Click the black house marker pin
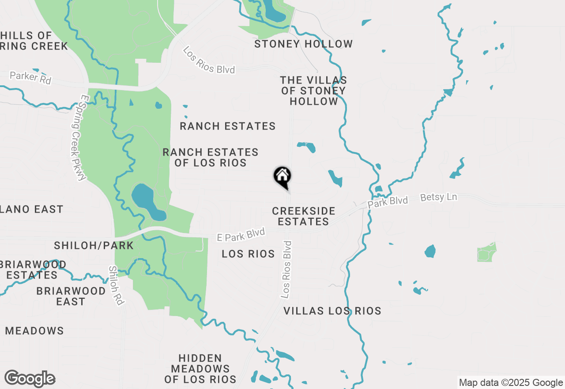282,177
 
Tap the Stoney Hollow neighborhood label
304,44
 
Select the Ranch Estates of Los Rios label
211,158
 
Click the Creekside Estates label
304,216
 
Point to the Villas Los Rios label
332,311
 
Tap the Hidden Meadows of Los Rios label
200,369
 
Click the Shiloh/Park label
94,245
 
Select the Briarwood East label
71,296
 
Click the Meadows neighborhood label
34,331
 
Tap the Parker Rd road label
30,78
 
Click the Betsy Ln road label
438,197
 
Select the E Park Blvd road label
241,234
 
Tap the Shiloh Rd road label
117,285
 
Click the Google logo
30,379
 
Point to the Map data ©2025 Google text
511,383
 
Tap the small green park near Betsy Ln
486,252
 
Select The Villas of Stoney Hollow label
313,91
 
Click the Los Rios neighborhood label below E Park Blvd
248,254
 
